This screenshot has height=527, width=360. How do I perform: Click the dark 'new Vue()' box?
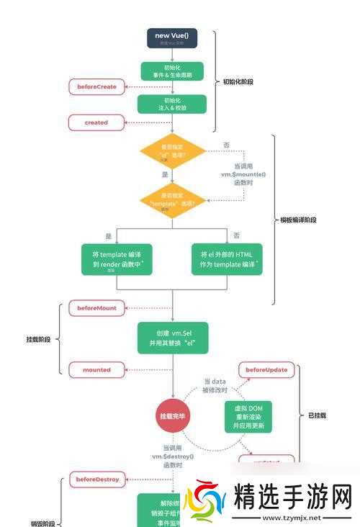click(171, 38)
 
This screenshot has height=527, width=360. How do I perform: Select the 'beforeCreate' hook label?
click(96, 87)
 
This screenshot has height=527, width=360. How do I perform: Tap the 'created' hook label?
click(96, 122)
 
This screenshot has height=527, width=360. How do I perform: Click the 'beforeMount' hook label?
click(96, 307)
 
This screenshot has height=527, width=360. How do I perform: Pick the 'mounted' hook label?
click(96, 369)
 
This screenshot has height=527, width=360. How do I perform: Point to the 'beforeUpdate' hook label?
click(266, 370)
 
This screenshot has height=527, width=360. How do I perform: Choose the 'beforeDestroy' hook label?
click(97, 478)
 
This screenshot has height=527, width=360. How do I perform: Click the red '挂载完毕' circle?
click(172, 417)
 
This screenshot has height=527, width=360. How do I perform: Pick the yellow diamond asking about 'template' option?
click(171, 199)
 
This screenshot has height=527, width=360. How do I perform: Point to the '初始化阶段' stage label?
click(238, 82)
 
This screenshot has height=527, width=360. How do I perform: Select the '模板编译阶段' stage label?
click(297, 220)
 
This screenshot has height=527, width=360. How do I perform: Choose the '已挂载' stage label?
click(317, 415)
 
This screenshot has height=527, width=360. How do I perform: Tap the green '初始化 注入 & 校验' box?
click(171, 104)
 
